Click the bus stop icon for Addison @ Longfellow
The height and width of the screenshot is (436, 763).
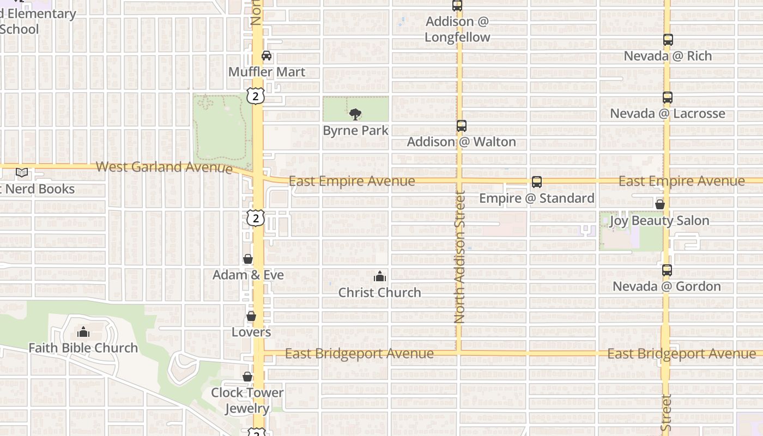click(x=457, y=6)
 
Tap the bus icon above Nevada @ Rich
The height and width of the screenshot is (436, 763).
click(x=668, y=40)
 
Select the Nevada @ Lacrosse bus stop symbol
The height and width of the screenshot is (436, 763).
click(x=668, y=98)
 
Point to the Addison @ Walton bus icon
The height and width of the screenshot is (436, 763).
click(x=462, y=126)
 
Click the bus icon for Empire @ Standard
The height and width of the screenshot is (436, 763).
click(x=537, y=182)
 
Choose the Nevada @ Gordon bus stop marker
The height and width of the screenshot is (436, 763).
click(x=667, y=270)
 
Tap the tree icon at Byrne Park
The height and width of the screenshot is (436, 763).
click(x=355, y=114)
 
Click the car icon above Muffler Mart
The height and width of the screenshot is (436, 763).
click(x=267, y=56)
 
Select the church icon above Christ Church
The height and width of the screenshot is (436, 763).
click(x=380, y=277)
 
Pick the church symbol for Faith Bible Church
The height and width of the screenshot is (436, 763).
click(x=83, y=332)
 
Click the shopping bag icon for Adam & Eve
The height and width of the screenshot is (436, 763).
click(x=248, y=259)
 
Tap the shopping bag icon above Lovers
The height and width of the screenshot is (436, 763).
click(x=251, y=316)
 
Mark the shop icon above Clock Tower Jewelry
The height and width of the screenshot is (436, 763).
click(x=247, y=377)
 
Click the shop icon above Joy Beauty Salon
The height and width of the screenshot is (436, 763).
click(x=660, y=205)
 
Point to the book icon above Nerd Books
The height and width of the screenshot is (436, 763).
click(x=22, y=173)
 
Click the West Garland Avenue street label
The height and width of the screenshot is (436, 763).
click(x=164, y=167)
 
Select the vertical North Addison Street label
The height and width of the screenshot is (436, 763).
click(x=459, y=256)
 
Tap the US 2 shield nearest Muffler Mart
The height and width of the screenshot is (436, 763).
click(x=256, y=96)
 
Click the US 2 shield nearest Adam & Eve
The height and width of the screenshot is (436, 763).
click(x=256, y=218)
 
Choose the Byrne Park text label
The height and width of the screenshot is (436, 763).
click(x=356, y=131)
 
